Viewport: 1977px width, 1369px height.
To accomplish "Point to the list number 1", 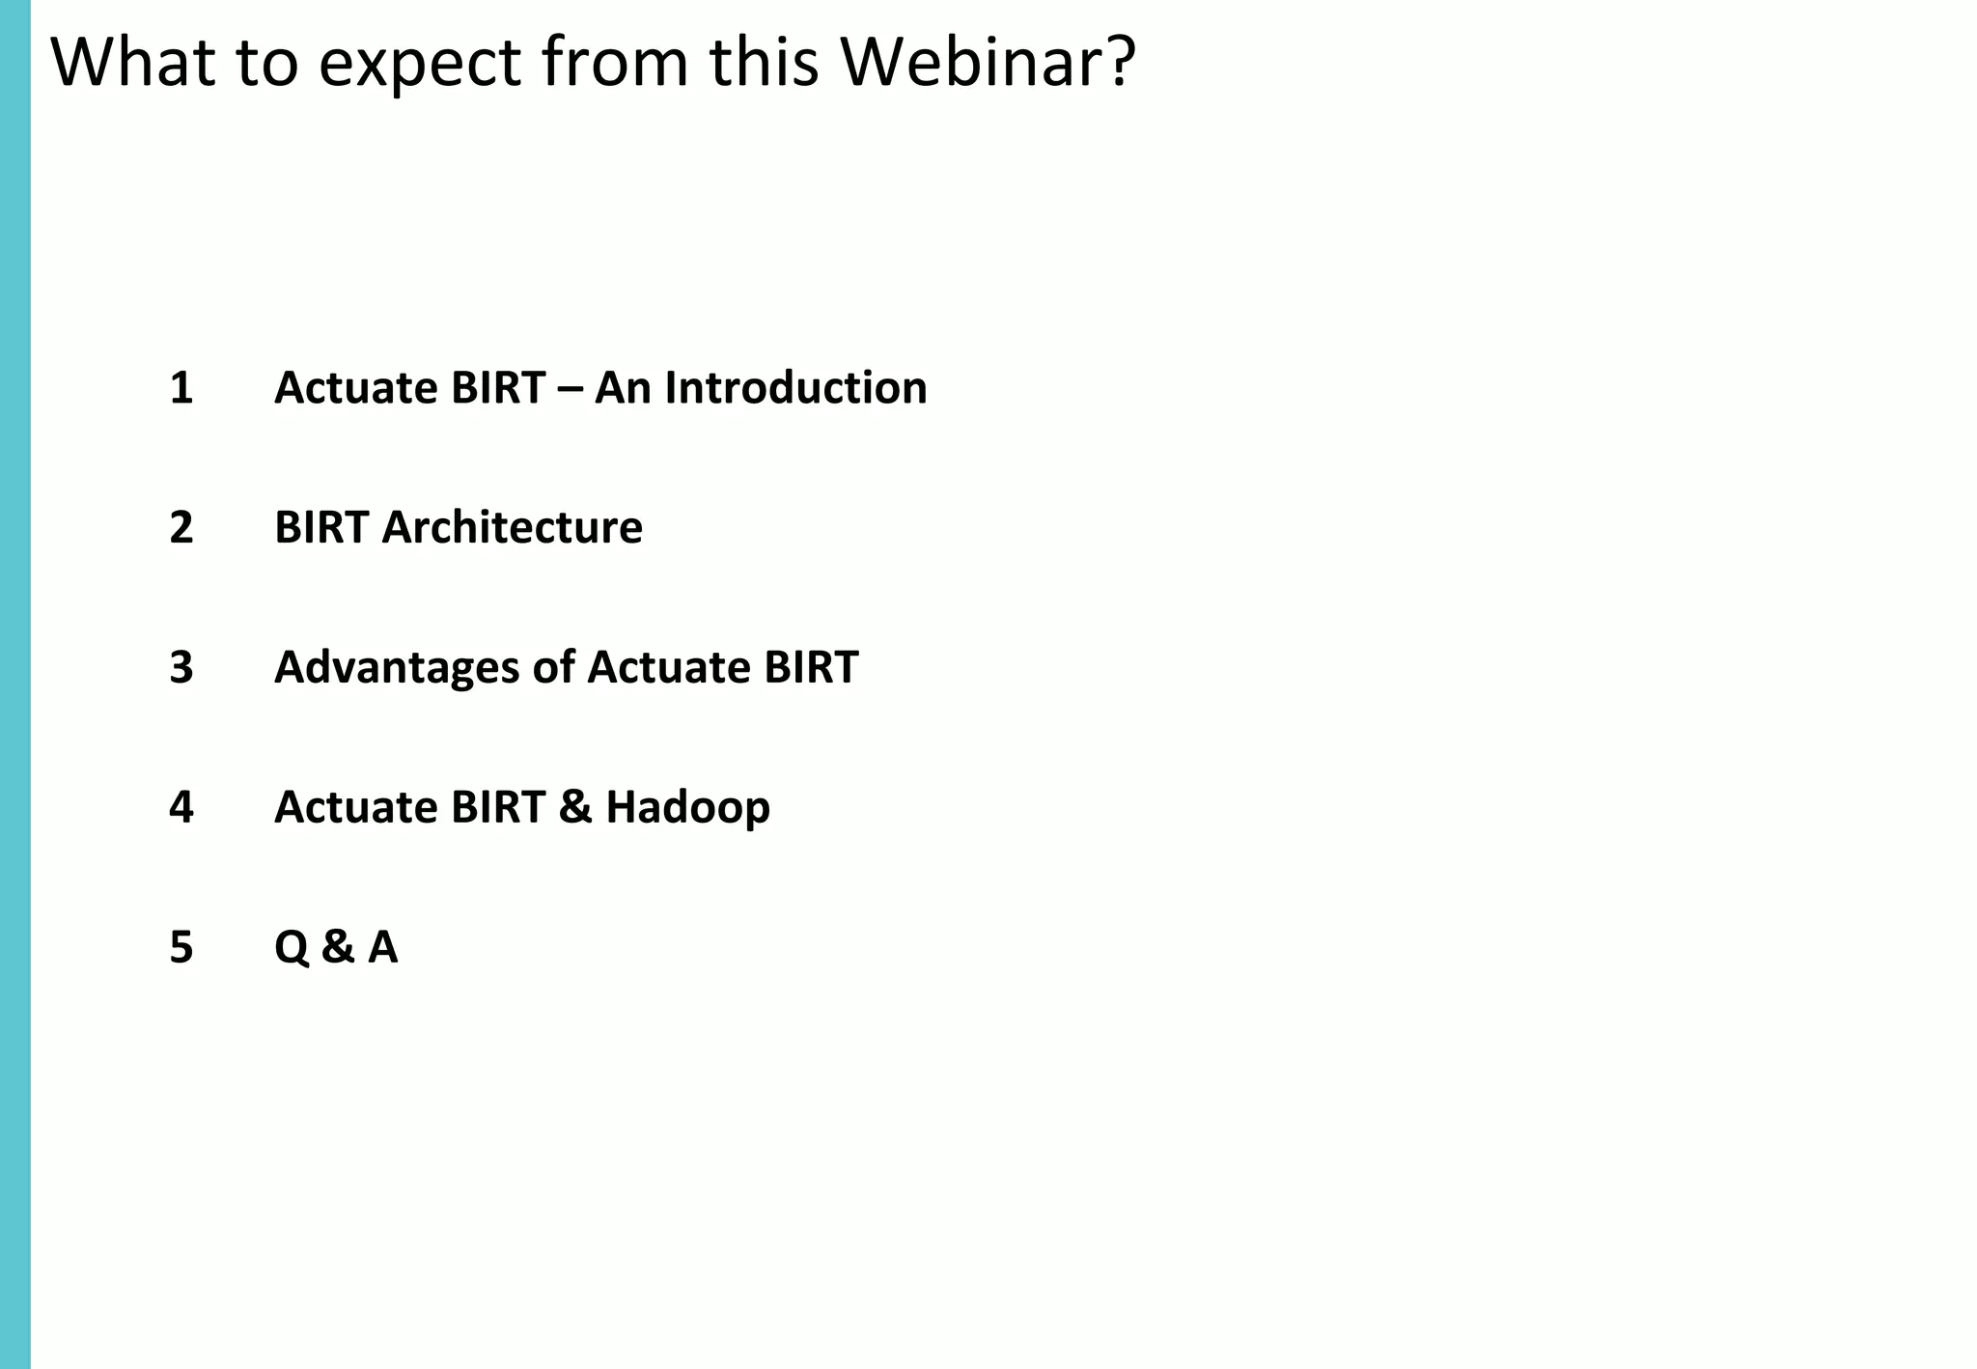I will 181,388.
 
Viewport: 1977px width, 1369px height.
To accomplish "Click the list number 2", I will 181,528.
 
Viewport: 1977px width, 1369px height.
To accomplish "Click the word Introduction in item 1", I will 795,388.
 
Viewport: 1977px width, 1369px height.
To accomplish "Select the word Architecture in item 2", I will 512,528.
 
